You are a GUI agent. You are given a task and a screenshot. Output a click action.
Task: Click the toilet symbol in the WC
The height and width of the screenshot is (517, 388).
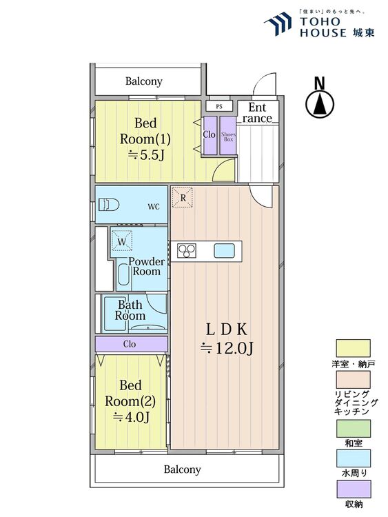[x=108, y=205]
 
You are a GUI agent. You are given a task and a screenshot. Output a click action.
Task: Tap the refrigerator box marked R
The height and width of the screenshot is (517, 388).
[x=183, y=198]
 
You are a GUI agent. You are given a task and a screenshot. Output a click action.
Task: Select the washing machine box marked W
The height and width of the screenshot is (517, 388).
[x=122, y=241]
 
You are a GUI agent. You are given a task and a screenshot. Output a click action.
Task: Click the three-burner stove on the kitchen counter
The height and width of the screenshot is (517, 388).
[x=187, y=251]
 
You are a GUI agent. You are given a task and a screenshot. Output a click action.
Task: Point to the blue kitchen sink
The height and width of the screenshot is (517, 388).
[x=224, y=251]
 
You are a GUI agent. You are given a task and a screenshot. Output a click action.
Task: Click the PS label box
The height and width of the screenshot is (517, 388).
[x=219, y=106]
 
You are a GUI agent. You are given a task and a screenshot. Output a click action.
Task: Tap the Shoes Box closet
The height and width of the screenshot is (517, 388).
[x=228, y=135]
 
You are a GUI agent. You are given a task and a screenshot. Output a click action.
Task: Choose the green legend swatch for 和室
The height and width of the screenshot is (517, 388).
[x=353, y=428]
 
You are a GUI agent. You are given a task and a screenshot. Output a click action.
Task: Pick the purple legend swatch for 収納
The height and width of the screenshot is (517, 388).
[x=353, y=489]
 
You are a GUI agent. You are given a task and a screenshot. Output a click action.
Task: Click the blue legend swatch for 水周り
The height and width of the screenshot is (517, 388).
[x=353, y=458]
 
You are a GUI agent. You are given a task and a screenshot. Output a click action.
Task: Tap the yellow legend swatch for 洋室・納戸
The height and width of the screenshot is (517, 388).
[x=353, y=348]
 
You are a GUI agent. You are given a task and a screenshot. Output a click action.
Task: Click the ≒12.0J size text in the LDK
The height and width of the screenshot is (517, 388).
[x=227, y=348]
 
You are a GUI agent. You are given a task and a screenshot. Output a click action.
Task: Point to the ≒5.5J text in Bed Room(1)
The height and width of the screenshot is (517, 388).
[x=145, y=154]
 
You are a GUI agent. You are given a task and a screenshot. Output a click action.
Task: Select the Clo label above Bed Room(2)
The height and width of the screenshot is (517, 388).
[x=130, y=344]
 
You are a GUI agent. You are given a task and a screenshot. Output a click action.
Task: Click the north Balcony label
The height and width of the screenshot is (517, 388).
[x=144, y=81]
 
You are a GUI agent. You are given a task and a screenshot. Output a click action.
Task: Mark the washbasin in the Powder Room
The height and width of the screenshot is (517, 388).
[x=123, y=274]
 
